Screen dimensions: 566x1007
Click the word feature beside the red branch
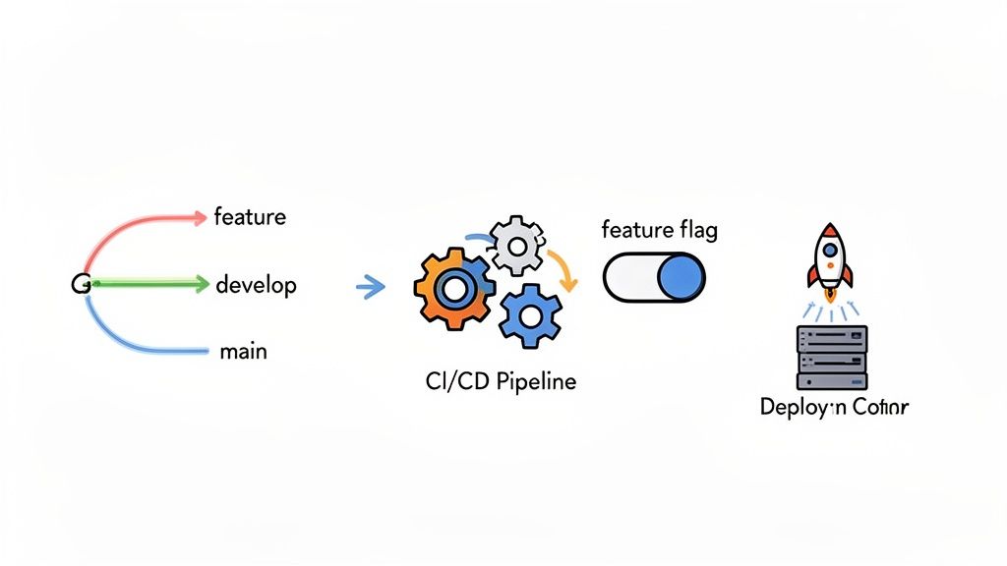250,216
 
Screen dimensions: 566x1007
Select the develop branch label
256,285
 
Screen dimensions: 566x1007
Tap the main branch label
242,351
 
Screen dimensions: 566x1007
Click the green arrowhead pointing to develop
202,285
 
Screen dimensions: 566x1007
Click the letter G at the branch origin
80,284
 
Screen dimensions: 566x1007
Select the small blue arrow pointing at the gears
369,287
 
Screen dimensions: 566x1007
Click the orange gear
453,289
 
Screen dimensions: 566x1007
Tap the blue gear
530,314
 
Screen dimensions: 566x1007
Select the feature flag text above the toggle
659,231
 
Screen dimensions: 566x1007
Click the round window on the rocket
830,250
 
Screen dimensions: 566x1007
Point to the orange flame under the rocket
830,292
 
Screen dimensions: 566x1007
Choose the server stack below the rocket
831,358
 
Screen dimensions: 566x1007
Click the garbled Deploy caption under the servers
834,407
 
